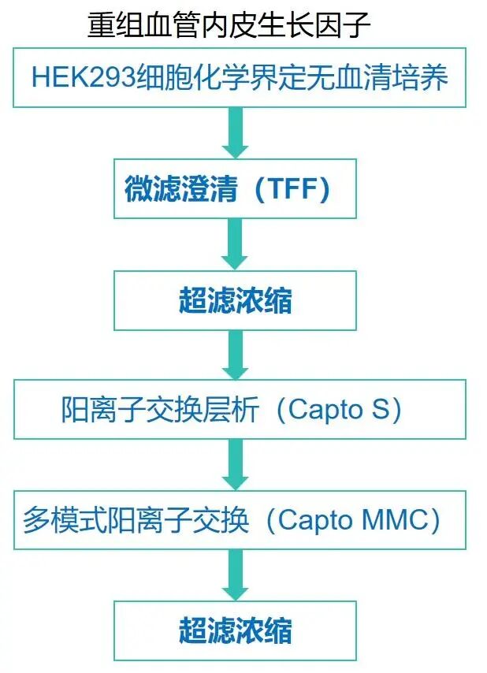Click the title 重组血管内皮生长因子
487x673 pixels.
[229, 25]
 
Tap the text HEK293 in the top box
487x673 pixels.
[83, 78]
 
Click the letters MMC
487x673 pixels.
[399, 521]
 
